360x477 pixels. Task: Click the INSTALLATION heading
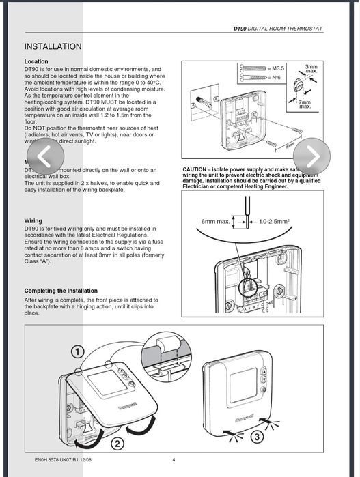click(53, 46)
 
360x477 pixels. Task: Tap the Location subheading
click(36, 62)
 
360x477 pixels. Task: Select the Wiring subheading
click(33, 221)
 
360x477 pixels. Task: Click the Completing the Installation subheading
click(61, 291)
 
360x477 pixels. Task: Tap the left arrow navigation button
click(44, 157)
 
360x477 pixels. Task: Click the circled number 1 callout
click(78, 352)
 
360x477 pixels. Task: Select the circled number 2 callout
click(117, 444)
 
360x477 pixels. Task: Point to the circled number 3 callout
click(258, 436)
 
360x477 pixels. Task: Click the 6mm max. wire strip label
click(214, 222)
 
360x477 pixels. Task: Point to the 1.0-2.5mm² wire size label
click(274, 222)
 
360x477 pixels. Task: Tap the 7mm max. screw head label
click(305, 104)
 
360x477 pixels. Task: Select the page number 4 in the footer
click(174, 460)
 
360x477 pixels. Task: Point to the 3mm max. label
click(311, 68)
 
